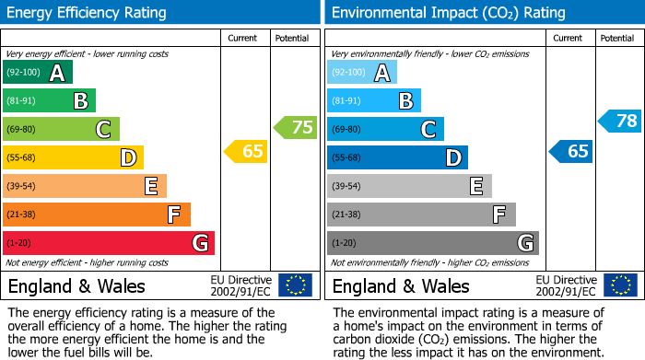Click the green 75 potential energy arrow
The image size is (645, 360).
point(295,127)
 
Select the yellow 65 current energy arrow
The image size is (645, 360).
point(246,151)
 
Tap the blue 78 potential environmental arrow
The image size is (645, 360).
point(620,121)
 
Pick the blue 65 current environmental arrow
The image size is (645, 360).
point(571,151)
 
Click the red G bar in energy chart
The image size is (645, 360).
point(109,243)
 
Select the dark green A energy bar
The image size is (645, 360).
point(38,73)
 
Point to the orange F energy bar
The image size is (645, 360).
point(97,215)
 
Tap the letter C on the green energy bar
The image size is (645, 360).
point(104,130)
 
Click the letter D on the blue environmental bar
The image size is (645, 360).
point(452,158)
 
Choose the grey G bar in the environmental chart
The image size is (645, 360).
point(433,243)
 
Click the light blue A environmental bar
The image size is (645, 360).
point(362,73)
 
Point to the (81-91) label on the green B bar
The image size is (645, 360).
point(22,101)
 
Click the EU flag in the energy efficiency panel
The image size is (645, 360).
point(295,285)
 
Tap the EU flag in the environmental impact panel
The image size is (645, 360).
point(620,285)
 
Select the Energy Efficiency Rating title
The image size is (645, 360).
point(87,13)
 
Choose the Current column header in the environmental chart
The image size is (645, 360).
point(569,38)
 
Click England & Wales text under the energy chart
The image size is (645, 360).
point(76,286)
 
